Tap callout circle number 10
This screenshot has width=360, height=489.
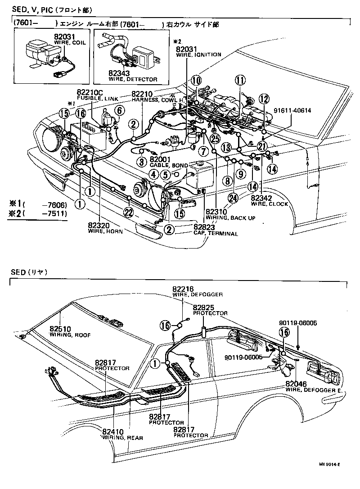click(195, 81)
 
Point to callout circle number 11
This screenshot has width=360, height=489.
click(241, 81)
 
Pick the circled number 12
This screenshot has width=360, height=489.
click(263, 100)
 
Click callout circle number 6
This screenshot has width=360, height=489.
click(119, 110)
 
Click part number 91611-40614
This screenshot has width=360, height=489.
click(292, 110)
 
